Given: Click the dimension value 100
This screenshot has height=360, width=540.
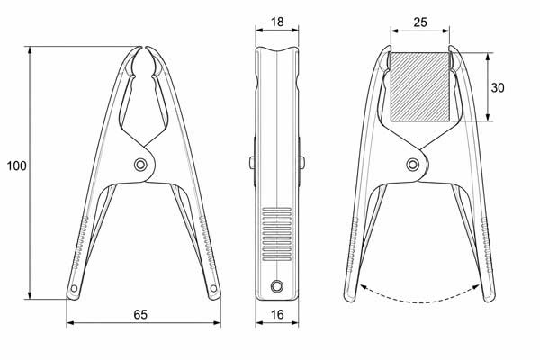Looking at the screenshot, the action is pyautogui.click(x=16, y=166).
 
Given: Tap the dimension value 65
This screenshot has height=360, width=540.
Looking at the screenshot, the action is pyautogui.click(x=140, y=314).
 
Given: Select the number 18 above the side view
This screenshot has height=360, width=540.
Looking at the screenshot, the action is pyautogui.click(x=277, y=22).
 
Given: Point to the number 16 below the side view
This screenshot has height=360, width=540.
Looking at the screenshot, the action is pyautogui.click(x=277, y=314).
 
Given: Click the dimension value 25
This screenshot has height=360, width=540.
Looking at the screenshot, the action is pyautogui.click(x=420, y=22).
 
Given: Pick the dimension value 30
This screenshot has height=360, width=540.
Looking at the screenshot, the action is pyautogui.click(x=498, y=88).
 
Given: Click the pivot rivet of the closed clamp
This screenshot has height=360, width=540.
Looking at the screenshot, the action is pyautogui.click(x=140, y=165).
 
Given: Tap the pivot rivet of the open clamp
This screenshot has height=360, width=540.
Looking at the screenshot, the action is pyautogui.click(x=412, y=165).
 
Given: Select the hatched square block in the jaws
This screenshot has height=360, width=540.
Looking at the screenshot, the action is pyautogui.click(x=420, y=86).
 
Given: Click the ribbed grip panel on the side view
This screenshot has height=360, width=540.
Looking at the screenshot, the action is pyautogui.click(x=277, y=234).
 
